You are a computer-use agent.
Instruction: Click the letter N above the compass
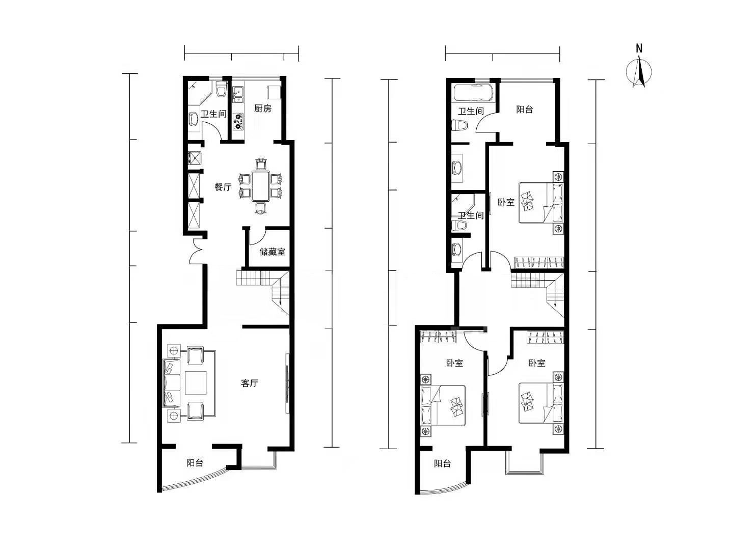pos(639,48)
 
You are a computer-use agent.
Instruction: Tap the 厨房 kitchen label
pos(262,108)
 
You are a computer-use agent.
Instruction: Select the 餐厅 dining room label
pos(223,187)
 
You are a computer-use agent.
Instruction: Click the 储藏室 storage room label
pos(272,252)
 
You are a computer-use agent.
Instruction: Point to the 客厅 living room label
pos(250,383)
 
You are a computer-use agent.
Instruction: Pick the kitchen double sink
pos(238,94)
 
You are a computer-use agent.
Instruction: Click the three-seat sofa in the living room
pos(171,383)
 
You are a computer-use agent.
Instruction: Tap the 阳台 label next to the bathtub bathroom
pos(524,109)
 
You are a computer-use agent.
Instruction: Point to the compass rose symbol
pos(638,72)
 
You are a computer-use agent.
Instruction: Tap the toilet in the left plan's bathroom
pos(221,90)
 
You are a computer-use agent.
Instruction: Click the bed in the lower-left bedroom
pos(443,405)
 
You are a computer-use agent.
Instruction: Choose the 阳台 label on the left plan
pos(195,463)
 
